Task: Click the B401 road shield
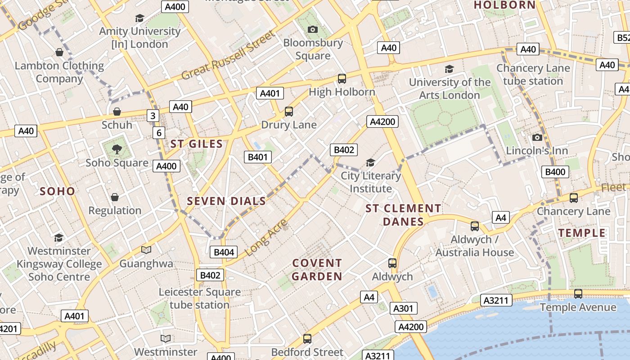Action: [258, 157]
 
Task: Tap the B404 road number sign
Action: [224, 252]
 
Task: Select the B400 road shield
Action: [555, 171]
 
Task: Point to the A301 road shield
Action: [403, 308]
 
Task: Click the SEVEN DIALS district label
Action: [226, 201]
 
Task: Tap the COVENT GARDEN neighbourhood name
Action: [317, 270]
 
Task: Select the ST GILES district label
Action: [197, 144]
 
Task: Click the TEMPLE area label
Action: [582, 233]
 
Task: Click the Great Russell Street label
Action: [228, 55]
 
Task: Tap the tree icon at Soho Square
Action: [117, 149]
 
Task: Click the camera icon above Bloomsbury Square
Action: [313, 30]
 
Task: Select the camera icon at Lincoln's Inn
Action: [537, 137]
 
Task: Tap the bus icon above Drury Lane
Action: [289, 111]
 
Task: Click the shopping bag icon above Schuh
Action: [117, 111]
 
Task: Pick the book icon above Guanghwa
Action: [146, 250]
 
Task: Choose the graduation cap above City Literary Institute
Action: [370, 162]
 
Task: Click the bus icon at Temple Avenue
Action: [578, 294]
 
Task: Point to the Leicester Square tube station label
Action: [199, 298]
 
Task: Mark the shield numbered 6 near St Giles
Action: [158, 133]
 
